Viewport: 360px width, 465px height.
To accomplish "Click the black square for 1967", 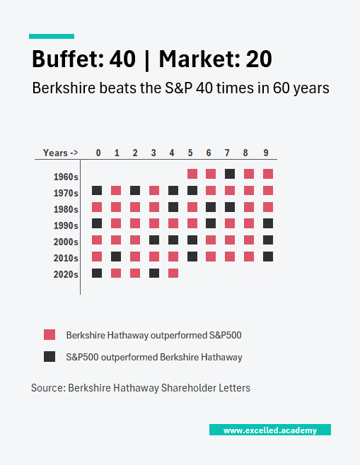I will [229, 174].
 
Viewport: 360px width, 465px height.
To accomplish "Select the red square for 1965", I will [192, 174].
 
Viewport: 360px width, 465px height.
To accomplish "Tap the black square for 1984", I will [173, 207].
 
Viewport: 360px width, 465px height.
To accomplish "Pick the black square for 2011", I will [116, 257].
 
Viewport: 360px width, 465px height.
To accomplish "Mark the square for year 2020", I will [98, 273].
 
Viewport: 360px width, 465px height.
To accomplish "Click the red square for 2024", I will [173, 273].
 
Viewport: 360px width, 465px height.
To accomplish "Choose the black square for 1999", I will [267, 223].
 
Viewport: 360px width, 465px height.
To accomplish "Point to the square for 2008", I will [248, 240].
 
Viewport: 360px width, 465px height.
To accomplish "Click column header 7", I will [227, 153].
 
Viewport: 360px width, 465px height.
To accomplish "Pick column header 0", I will [98, 153].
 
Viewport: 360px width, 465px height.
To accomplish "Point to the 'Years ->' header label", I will [60, 153].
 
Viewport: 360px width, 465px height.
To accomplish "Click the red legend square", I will [50, 334].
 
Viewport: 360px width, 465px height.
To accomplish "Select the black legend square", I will [50, 357].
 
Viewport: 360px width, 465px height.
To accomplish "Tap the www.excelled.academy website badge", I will [269, 430].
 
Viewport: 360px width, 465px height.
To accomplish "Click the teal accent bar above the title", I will [51, 36].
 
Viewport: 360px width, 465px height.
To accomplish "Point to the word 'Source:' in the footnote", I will [47, 388].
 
